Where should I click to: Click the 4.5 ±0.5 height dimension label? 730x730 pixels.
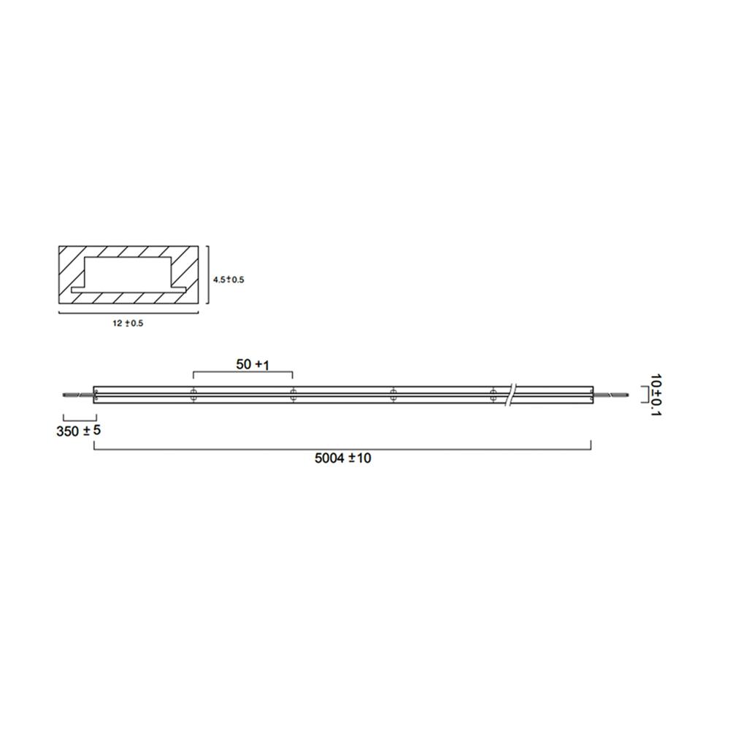pyautogui.click(x=228, y=280)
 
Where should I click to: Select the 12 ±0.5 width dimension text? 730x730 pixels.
pyautogui.click(x=128, y=323)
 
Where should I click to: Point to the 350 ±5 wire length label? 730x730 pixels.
pyautogui.click(x=78, y=431)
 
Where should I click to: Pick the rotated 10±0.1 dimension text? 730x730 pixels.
pyautogui.click(x=656, y=396)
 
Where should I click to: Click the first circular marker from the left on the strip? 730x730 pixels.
pyautogui.click(x=193, y=395)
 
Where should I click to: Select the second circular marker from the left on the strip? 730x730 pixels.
pyautogui.click(x=293, y=395)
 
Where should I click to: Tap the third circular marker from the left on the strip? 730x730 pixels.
pyautogui.click(x=393, y=395)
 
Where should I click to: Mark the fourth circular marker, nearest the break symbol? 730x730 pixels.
pyautogui.click(x=493, y=395)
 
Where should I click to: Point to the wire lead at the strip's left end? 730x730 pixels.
pyautogui.click(x=78, y=395)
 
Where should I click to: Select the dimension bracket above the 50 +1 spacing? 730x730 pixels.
pyautogui.click(x=242, y=372)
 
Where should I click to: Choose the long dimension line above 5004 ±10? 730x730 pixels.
pyautogui.click(x=343, y=448)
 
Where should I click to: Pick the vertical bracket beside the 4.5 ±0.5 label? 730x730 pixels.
pyautogui.click(x=209, y=280)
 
